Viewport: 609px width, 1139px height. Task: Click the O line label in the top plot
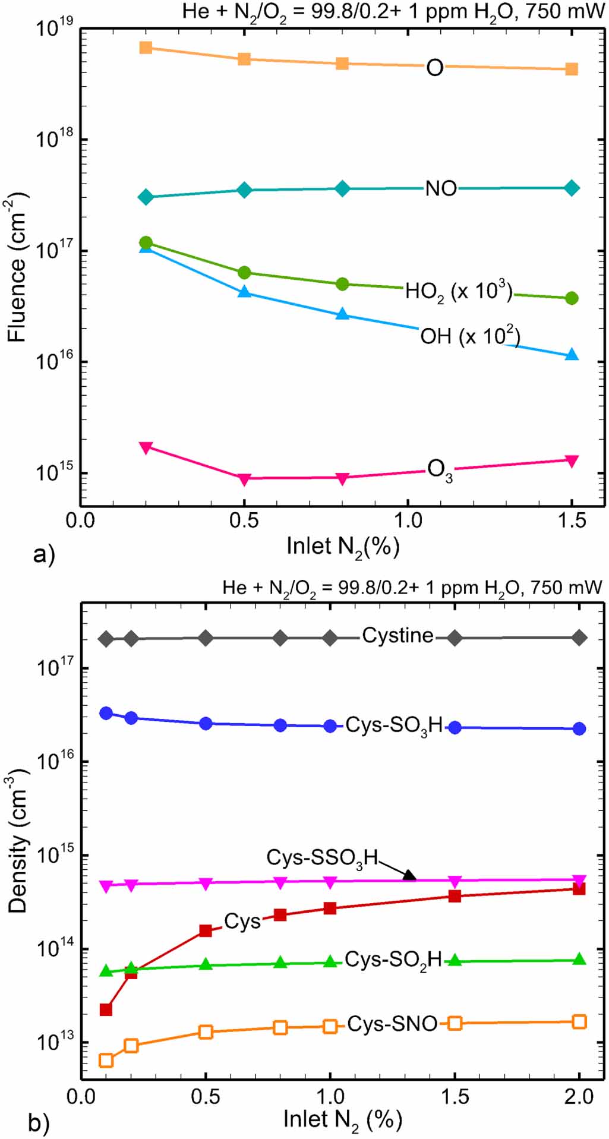point(435,68)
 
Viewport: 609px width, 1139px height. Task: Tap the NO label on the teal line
point(441,188)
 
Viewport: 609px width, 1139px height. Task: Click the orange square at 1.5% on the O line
point(571,70)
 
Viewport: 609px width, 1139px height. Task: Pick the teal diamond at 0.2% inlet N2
point(146,197)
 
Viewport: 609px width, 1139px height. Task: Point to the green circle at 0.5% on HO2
point(244,273)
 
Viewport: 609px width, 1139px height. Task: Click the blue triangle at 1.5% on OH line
point(572,355)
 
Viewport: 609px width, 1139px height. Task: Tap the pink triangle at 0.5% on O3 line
point(244,479)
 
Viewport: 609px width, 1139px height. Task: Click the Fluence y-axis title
point(18,267)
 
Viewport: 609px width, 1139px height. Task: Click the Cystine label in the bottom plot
point(397,635)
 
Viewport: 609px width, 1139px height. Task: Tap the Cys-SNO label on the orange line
point(392,1024)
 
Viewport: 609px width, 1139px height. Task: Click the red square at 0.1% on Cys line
point(106,1009)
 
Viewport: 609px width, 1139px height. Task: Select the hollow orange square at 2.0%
point(579,1022)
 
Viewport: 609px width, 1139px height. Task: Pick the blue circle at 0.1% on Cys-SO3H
point(106,713)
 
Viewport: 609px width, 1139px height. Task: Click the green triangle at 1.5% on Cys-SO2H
point(455,960)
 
